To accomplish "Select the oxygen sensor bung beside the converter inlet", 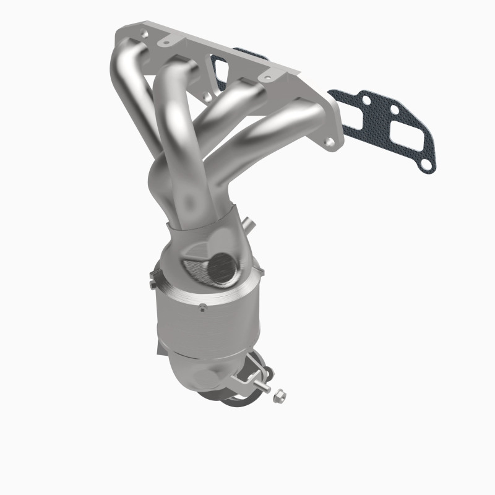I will click(249, 223).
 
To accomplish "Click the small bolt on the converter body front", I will click(202, 306).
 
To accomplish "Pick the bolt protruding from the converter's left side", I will click(152, 284).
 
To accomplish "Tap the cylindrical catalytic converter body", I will click(204, 322).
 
